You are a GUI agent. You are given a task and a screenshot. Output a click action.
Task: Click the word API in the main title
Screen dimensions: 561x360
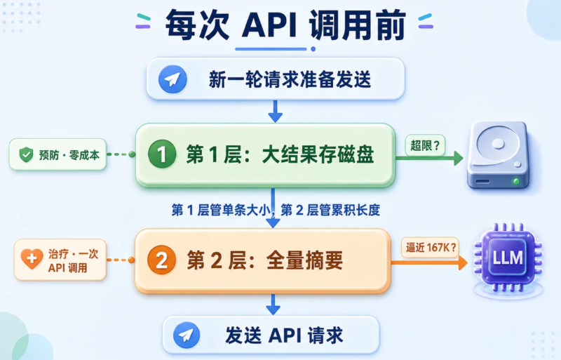pos(269,25)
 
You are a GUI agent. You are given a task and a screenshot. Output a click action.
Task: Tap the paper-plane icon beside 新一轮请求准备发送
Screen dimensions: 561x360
pos(173,79)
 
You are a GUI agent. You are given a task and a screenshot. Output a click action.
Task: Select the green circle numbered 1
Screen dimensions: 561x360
pos(162,154)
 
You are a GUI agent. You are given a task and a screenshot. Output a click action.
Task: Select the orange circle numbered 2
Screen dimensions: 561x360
pos(161,260)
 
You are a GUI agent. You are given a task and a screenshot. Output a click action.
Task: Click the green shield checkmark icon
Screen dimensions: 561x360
pos(26,155)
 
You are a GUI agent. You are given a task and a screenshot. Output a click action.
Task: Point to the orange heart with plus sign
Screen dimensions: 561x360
pos(32,258)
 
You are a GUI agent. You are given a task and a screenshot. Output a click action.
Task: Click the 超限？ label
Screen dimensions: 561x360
pos(425,145)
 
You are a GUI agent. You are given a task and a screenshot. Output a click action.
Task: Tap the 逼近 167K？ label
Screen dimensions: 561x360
pos(431,247)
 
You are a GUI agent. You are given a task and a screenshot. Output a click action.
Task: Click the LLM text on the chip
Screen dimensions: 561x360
pos(508,258)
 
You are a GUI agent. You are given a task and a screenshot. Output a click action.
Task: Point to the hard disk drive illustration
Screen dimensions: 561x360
pos(498,155)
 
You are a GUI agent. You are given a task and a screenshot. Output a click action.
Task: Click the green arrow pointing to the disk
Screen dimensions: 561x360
pos(429,158)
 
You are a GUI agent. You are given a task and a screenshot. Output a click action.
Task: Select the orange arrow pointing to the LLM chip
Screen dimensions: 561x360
pos(429,262)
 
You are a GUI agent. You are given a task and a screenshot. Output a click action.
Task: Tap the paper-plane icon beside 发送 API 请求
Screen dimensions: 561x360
pos(187,335)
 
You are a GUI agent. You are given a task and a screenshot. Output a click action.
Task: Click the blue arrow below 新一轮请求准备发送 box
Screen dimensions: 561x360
pos(275,111)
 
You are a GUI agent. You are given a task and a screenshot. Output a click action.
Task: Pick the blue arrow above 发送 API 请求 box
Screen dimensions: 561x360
pos(273,305)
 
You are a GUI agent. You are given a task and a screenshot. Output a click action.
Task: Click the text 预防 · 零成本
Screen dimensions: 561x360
pos(69,155)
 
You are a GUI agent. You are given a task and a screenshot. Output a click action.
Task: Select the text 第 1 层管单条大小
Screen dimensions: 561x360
pos(221,210)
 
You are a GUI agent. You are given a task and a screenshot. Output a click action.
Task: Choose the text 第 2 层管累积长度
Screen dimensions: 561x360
pos(330,210)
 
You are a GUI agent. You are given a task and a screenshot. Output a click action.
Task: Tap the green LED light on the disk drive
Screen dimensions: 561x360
pos(516,181)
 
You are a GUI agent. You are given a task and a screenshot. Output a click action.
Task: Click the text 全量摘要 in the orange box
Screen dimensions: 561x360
pos(304,260)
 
